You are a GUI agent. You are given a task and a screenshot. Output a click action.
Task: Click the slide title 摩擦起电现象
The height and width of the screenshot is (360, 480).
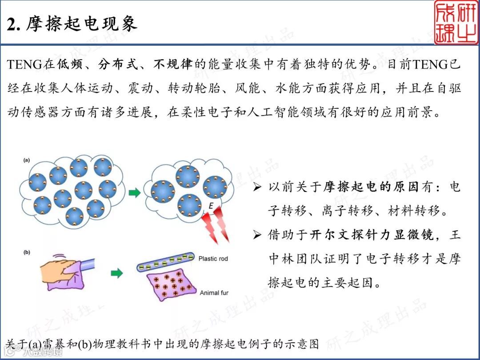coord(81,24)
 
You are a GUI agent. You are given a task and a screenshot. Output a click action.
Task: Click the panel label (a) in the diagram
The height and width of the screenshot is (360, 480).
coord(27,160)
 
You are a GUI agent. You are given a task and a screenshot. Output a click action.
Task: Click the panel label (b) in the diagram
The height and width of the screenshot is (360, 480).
coord(27,252)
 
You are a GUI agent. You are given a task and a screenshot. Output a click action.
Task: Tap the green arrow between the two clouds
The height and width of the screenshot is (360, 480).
coord(135,192)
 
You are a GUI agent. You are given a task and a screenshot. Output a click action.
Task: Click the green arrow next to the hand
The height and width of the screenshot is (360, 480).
coord(116,273)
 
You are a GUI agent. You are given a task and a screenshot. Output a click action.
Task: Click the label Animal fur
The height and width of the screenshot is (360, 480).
coord(214,293)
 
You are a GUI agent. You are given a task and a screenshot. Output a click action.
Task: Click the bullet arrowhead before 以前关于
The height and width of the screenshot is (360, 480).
coord(257,187)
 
